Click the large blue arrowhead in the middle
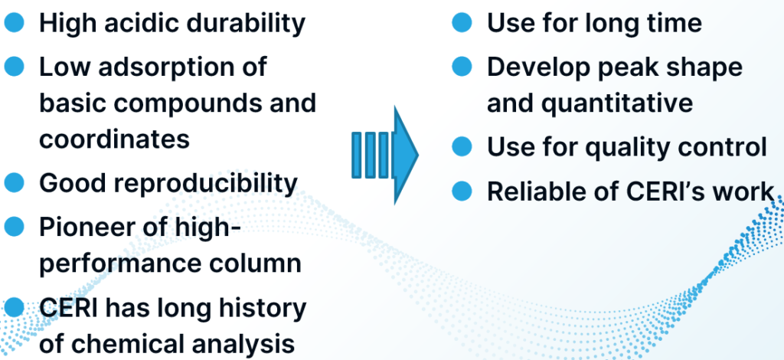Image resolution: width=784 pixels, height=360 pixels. pyautogui.click(x=405, y=155)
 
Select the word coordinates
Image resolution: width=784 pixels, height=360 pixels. pyautogui.click(x=115, y=139)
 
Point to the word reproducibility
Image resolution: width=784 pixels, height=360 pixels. pyautogui.click(x=205, y=184)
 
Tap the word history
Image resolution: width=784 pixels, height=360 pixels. pyautogui.click(x=263, y=309)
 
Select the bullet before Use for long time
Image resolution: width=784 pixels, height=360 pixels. pyautogui.click(x=462, y=22)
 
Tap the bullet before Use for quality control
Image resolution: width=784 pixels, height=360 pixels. pyautogui.click(x=462, y=146)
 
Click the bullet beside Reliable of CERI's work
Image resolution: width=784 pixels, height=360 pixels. pyautogui.click(x=462, y=191)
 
